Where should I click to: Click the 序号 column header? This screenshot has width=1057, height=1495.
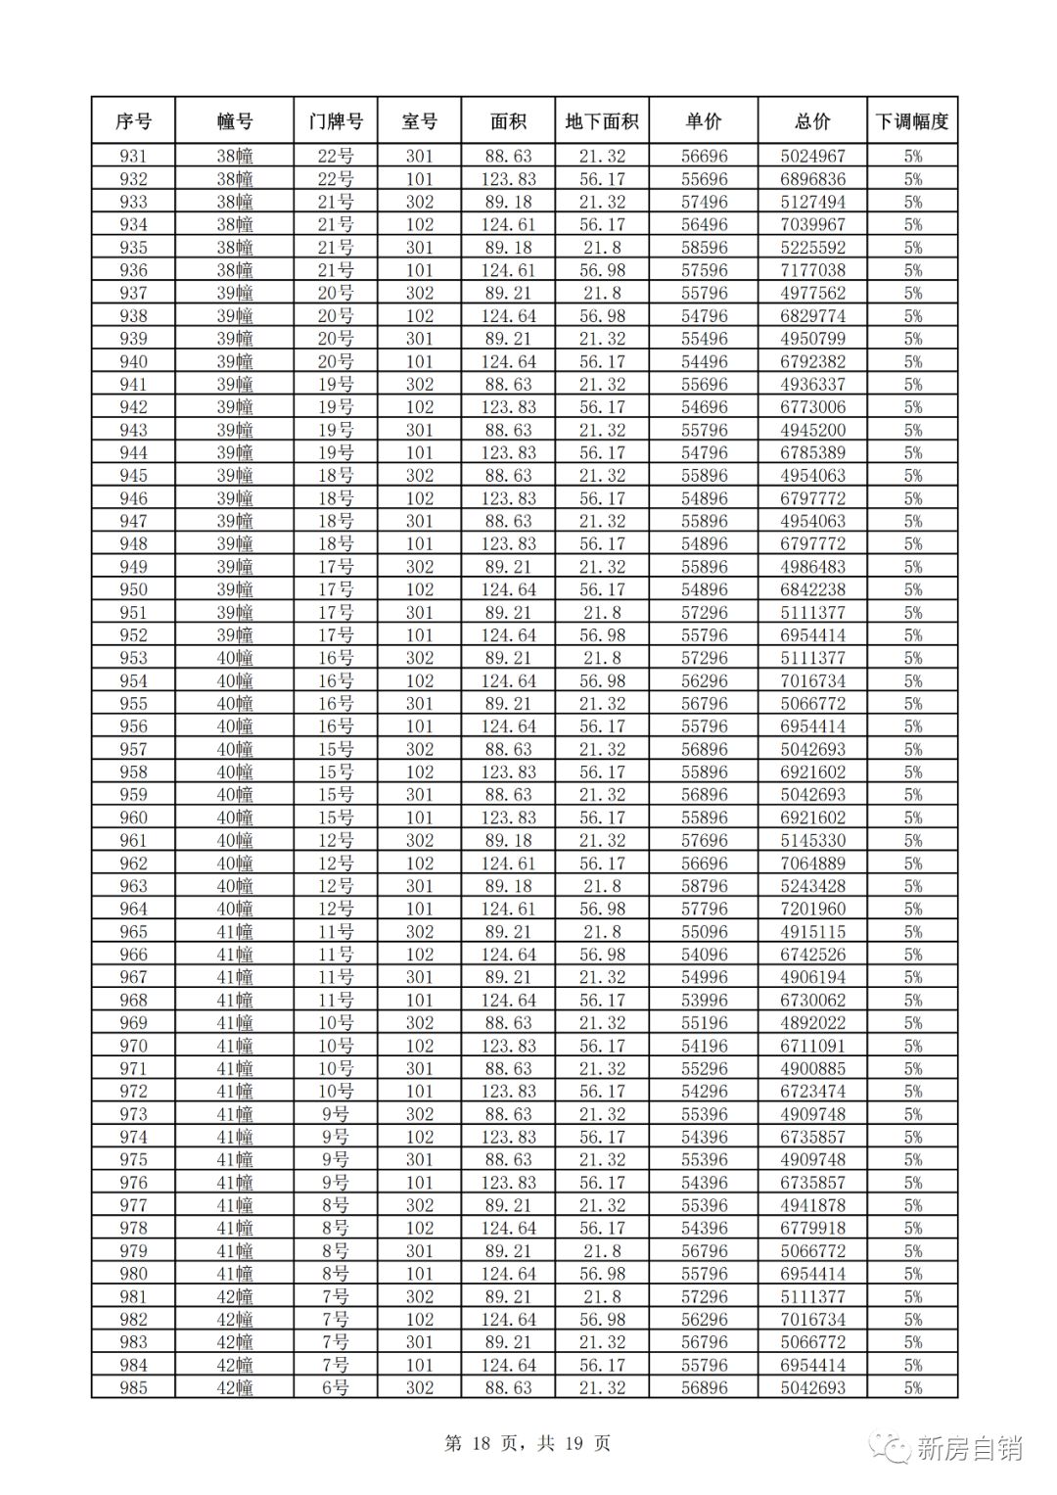[133, 121]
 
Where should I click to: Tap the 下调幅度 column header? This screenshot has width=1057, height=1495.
[912, 121]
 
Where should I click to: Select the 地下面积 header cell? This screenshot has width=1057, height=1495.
[602, 121]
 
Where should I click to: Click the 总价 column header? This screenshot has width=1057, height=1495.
[812, 121]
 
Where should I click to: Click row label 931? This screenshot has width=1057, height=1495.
[133, 157]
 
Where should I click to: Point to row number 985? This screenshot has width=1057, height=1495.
[133, 1387]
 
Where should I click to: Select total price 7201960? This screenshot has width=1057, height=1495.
[812, 909]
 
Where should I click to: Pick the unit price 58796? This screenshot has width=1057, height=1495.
[704, 886]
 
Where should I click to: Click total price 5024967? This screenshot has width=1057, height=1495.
[812, 157]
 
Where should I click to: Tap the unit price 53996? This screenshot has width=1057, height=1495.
[704, 1000]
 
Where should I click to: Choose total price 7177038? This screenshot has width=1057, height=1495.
[812, 270]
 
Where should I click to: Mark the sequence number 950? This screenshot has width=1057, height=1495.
[133, 589]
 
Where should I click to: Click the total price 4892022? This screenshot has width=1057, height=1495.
[812, 1023]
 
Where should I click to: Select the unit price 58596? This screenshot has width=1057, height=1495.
[704, 248]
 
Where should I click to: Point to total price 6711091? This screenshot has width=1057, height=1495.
[812, 1046]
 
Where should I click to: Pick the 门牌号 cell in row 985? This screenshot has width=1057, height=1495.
[335, 1387]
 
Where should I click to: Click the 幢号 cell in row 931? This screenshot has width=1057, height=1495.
[235, 157]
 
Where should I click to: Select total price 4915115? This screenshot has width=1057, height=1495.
[812, 932]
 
